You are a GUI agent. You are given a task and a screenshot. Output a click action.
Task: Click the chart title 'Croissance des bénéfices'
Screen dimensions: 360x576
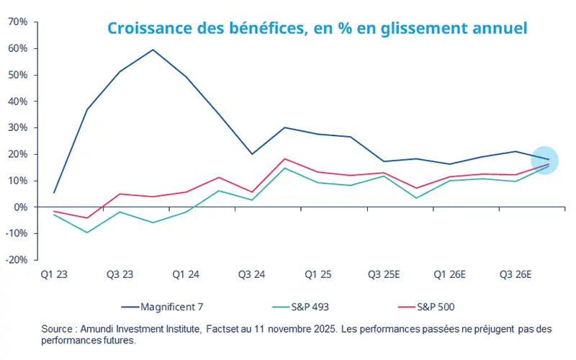coord(317,29)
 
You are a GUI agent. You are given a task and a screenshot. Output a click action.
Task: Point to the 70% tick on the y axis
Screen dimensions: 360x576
coord(18,22)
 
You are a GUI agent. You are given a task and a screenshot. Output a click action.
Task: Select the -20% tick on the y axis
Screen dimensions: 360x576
coord(17,260)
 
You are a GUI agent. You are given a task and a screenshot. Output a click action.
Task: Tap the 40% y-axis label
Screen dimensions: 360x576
coord(18,102)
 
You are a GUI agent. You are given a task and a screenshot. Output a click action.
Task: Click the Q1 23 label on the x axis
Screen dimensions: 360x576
coord(54,274)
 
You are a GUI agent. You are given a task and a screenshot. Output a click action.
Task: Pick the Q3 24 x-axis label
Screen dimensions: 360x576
coord(251,274)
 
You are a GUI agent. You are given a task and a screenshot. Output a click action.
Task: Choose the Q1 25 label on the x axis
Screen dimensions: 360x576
coord(318,274)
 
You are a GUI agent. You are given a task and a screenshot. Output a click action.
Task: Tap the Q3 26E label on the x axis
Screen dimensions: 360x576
coord(516,274)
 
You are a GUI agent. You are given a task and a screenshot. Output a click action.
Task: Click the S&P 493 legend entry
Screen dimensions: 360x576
coord(312,307)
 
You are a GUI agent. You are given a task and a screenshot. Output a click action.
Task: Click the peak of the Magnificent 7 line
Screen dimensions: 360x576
coord(153,50)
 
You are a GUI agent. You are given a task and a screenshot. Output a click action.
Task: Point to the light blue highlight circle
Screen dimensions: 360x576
coord(548,161)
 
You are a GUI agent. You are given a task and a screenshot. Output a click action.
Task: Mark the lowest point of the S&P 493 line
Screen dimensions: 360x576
coord(87,233)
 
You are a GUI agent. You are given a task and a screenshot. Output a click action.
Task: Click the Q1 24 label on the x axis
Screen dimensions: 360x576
coord(186,274)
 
